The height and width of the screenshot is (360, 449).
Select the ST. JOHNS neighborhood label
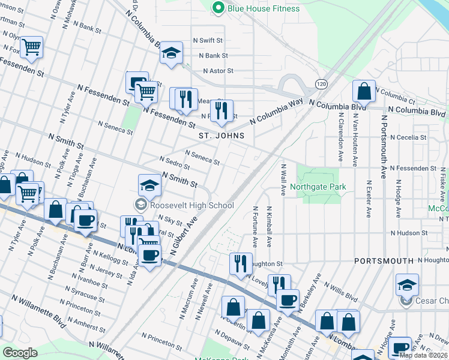coord(222,136)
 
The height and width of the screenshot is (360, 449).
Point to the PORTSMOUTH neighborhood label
coord(384,261)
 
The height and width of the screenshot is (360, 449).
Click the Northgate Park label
coord(318,187)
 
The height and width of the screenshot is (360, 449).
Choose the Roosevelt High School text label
coord(191,205)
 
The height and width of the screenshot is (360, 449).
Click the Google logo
coord(20,353)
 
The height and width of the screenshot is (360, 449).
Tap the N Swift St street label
coord(208,40)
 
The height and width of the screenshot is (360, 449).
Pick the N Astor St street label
coord(218,70)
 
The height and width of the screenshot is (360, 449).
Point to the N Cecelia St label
coord(408,137)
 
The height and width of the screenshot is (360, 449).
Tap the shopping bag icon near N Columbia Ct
coord(364,92)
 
